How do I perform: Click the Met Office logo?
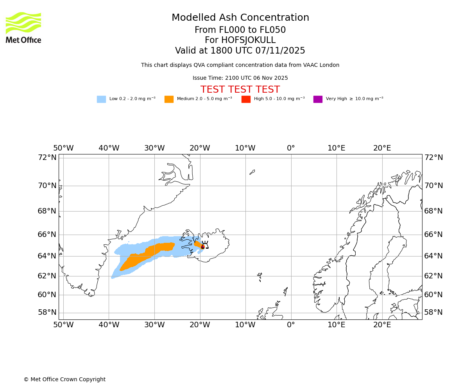coord(23,27)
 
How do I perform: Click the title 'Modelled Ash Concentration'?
coord(240,18)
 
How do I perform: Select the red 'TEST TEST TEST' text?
coord(240,90)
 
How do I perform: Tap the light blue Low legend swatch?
coord(101,99)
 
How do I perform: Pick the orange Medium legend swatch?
coord(169,99)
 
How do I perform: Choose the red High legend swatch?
coord(246,99)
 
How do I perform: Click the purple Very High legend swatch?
coord(318,99)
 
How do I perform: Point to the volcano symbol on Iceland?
coord(204,245)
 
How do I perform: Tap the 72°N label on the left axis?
coord(47,158)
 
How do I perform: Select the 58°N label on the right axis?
coord(433,312)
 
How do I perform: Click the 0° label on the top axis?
coord(291,149)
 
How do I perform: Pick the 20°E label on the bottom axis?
coord(382,325)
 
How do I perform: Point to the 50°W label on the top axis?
coord(63,149)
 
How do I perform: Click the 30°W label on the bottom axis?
coord(154,325)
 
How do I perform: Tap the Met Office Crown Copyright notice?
coord(64,380)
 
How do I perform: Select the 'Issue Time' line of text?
coord(240,78)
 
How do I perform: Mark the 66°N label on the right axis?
coord(433,235)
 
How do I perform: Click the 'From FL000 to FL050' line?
coord(240,30)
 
